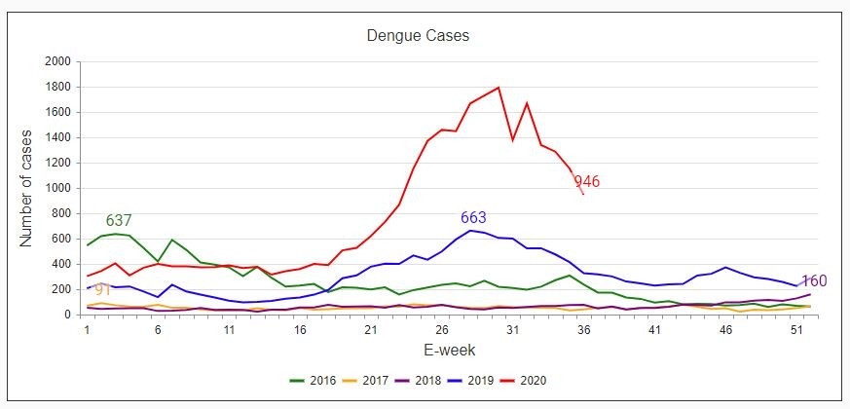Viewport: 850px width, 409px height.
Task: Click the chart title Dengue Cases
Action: coord(418,37)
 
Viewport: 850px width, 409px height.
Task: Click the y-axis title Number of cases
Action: coord(27,187)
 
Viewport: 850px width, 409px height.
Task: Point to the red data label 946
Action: coord(586,181)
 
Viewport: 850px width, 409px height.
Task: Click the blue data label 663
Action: coord(473,217)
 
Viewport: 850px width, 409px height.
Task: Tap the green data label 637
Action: coord(119,221)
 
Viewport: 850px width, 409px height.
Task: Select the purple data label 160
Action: coord(814,280)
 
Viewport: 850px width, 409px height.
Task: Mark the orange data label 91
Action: coord(102,289)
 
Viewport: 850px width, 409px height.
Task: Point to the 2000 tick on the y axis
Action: coord(57,61)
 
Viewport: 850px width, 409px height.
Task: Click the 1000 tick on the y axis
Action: coord(57,188)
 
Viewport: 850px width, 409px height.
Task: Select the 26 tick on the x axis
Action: coord(441,330)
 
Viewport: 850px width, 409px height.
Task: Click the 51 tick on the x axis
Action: coord(795,330)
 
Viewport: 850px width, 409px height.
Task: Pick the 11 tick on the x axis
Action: coord(229,330)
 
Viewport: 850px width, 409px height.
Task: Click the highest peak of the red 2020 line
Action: coord(499,88)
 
